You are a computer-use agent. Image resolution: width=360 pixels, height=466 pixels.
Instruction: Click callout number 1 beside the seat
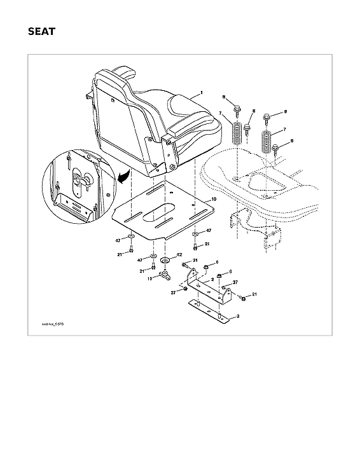tap(202, 93)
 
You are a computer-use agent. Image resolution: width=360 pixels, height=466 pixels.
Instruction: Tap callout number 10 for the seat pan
tap(214, 200)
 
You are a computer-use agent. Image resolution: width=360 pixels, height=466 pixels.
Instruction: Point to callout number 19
tap(150, 278)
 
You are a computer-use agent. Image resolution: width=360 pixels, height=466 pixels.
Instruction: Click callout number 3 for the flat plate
tap(237, 316)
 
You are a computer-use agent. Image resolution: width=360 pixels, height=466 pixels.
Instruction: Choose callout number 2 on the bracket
tap(212, 279)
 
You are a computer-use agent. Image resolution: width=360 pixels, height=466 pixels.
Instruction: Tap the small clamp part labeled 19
tap(164, 275)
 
